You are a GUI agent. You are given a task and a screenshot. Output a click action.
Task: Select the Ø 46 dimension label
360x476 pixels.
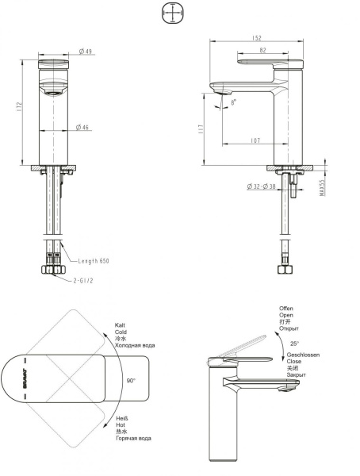(86, 127)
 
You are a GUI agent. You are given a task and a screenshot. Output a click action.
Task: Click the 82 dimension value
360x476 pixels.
(264, 50)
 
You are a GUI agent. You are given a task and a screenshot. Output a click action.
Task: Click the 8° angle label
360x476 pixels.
(232, 102)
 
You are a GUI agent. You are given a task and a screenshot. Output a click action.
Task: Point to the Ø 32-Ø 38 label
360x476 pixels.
(264, 186)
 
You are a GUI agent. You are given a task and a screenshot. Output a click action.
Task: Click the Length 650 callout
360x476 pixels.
(94, 261)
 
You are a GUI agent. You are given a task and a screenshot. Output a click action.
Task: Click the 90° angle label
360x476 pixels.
(131, 381)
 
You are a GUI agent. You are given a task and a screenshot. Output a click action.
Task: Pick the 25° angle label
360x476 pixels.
(295, 343)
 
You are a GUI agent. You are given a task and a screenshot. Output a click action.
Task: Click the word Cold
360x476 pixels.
(121, 332)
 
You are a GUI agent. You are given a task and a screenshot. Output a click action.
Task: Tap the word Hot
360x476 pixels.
(121, 424)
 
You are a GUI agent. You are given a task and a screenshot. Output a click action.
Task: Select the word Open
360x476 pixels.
(286, 315)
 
